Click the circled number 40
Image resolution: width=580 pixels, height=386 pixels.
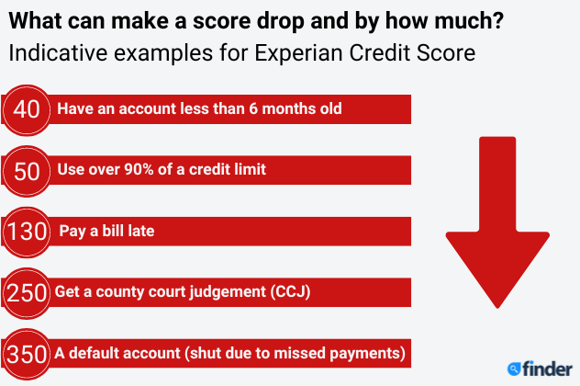[27, 109]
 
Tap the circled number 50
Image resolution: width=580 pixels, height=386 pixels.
[27, 171]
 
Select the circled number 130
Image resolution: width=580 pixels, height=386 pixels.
[27, 232]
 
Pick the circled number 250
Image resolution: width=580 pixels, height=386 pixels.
[27, 293]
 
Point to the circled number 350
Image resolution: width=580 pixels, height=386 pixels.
[27, 354]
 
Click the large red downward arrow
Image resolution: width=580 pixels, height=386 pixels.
[497, 222]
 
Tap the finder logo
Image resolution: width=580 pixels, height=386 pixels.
[540, 369]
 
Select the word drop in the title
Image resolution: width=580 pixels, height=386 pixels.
[281, 22]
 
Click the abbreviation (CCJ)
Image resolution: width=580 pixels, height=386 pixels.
[290, 291]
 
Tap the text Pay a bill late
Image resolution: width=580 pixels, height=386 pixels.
[106, 232]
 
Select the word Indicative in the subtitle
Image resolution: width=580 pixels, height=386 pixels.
[58, 52]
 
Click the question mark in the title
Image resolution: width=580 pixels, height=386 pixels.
[497, 21]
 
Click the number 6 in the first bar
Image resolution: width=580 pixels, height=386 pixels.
[253, 108]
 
